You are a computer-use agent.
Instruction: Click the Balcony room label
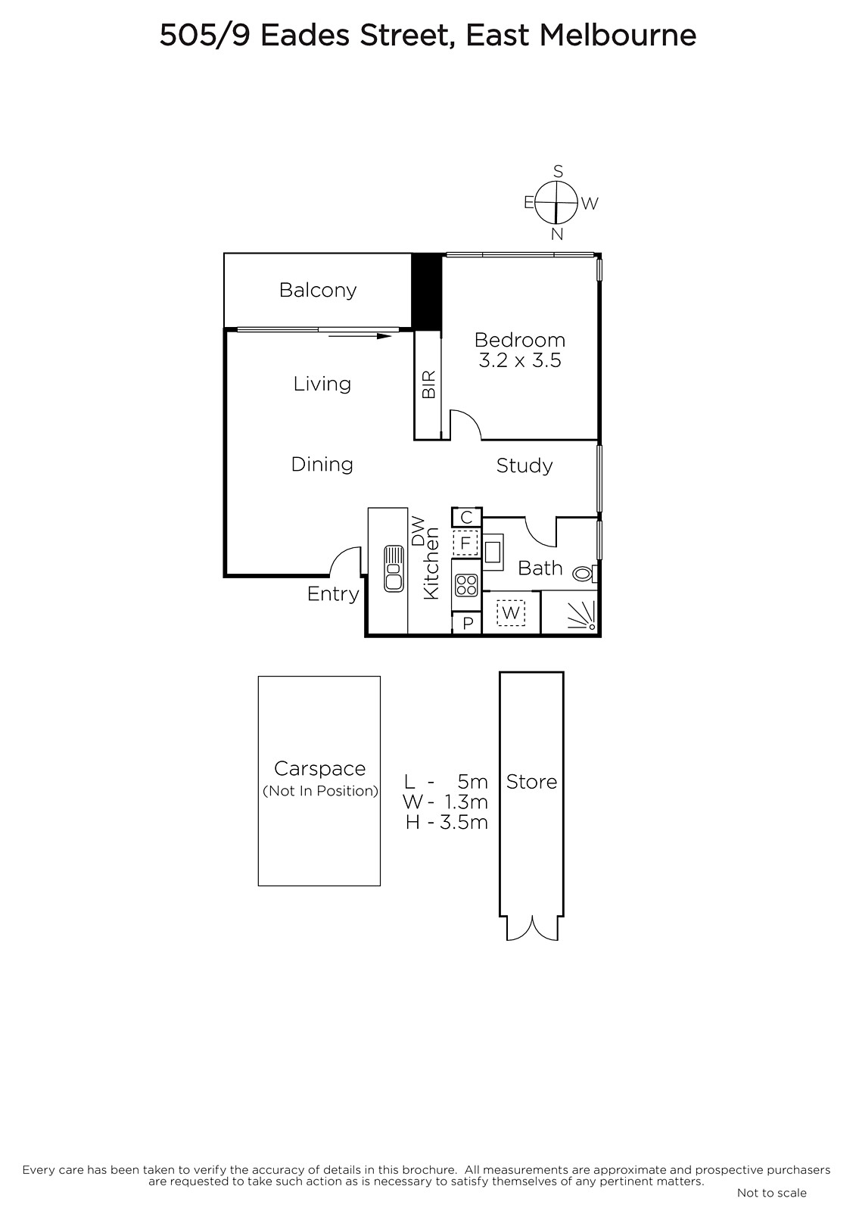[x=318, y=291]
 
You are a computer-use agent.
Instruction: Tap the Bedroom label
[x=520, y=340]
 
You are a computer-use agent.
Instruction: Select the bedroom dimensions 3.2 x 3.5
[x=520, y=360]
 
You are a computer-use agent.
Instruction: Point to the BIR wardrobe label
[x=428, y=384]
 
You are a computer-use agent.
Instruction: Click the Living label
[x=322, y=384]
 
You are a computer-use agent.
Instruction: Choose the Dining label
[x=322, y=465]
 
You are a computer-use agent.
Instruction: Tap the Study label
[x=524, y=465]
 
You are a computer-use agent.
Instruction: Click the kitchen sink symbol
[x=394, y=568]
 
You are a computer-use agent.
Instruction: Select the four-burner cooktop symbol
[x=466, y=585]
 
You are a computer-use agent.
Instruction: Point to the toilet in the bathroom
[x=584, y=573]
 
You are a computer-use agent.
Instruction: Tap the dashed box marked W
[x=511, y=612]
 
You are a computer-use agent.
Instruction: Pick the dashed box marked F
[x=465, y=543]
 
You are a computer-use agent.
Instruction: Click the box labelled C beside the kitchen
[x=467, y=518]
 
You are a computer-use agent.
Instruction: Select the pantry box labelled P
[x=468, y=624]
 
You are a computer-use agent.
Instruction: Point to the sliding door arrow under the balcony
[x=360, y=336]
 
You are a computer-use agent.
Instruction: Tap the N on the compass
[x=557, y=234]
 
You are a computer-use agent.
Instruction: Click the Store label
[x=531, y=782]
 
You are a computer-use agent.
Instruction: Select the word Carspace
[x=320, y=769]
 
